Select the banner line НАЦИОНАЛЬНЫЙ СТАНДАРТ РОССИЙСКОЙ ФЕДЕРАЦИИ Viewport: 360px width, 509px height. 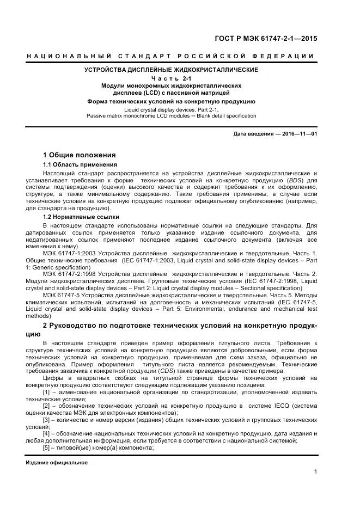point(170,56)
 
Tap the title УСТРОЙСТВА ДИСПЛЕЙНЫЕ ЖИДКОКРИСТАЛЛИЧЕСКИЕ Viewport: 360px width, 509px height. point(170,70)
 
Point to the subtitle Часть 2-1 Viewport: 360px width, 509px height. point(171,78)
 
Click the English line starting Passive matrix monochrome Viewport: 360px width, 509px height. point(171,115)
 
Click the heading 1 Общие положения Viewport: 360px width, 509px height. point(79,155)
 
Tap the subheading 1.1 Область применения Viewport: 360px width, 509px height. point(80,164)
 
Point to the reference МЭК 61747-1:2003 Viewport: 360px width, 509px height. point(69,254)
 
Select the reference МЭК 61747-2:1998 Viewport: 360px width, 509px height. point(69,274)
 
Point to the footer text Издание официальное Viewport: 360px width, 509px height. point(57,463)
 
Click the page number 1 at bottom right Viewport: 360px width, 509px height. point(315,472)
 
